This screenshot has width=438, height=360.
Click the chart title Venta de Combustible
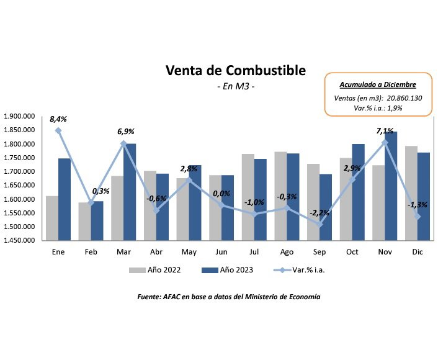(235, 71)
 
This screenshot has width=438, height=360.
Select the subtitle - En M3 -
(235, 87)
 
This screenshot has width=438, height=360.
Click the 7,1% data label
(383, 131)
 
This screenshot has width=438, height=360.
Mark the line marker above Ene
(58, 131)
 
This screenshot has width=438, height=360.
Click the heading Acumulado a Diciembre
(377, 84)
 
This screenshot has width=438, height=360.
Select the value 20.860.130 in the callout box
(404, 98)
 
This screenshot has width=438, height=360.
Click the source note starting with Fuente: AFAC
(228, 297)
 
